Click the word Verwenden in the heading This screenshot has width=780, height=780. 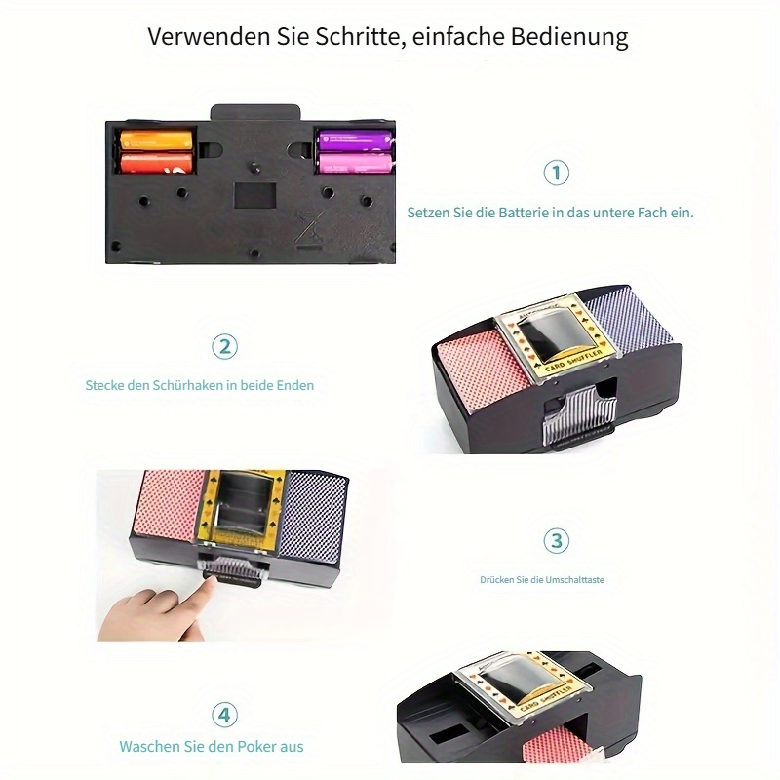pos(209,36)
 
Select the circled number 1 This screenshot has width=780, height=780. pos(556,173)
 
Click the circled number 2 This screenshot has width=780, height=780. pos(225,347)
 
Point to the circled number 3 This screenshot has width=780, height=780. pos(556,541)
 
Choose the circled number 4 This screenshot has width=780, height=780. pos(225,715)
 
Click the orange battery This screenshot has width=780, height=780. pos(156,139)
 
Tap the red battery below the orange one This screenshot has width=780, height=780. pos(156,163)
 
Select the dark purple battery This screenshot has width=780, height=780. pos(355,139)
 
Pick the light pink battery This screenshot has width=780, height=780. pos(355,163)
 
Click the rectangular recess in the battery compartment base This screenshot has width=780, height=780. pos(255,196)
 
